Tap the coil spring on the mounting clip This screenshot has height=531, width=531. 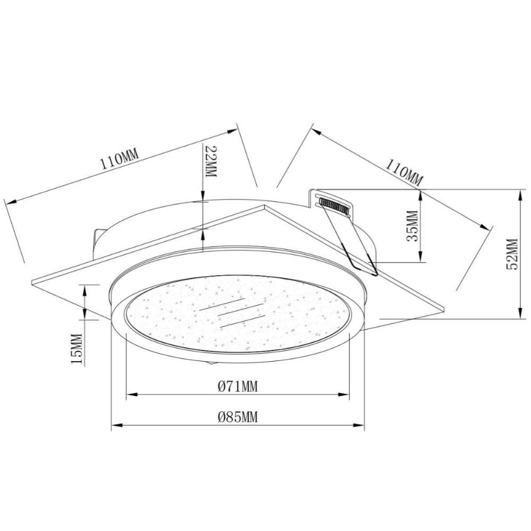333,205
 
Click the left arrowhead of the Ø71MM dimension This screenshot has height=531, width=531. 129,395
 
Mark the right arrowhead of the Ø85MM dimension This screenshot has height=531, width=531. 363,425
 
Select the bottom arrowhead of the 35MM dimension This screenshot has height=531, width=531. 420,259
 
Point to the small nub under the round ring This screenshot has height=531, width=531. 212,363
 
